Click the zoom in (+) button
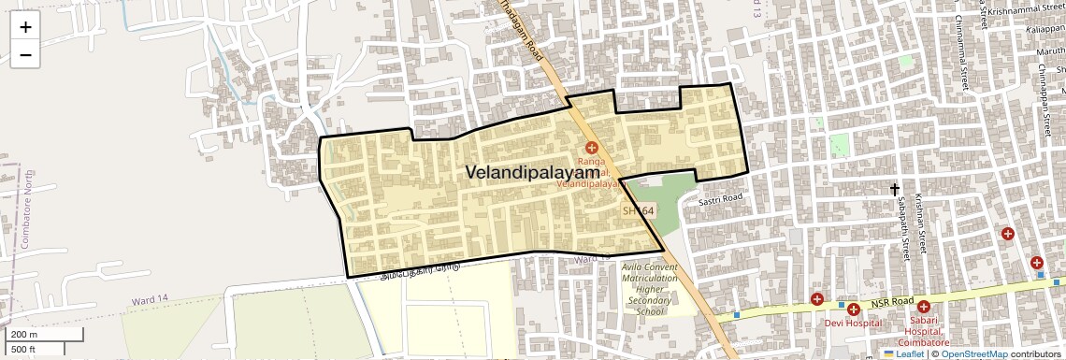point(25,26)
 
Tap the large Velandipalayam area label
point(532,173)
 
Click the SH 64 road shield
point(639,211)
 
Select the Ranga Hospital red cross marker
point(591,147)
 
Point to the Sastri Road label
point(719,198)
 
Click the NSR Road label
point(890,303)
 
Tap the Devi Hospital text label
point(853,324)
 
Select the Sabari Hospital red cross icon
point(924,307)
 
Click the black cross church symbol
point(895,189)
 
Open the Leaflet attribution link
point(903,354)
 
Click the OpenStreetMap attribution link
point(973,354)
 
